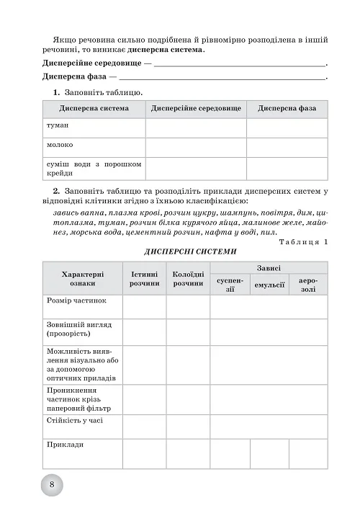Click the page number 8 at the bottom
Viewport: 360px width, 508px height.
pos(52,484)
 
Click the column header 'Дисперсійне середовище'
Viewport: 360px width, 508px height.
pos(196,108)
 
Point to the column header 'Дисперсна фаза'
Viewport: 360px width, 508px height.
pos(287,108)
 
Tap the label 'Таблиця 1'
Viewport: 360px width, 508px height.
pos(302,241)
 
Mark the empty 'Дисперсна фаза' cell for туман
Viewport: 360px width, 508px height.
pos(287,127)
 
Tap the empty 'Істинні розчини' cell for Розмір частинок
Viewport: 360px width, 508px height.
pos(144,306)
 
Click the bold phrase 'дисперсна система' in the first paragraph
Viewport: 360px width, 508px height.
pos(167,50)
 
